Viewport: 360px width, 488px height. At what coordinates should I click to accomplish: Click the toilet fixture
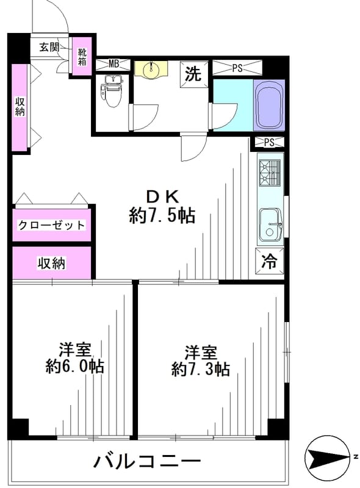110,90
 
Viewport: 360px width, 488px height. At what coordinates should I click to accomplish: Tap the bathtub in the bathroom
269,105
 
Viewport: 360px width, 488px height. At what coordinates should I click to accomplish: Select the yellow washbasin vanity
151,69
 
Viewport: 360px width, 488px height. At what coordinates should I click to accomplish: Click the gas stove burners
270,173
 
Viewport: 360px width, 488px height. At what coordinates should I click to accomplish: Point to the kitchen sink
270,224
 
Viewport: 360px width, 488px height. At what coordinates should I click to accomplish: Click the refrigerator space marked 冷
269,261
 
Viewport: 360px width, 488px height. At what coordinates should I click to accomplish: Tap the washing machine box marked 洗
193,74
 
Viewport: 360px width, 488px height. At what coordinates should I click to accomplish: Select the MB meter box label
113,64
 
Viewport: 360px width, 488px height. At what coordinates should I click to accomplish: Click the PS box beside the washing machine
237,68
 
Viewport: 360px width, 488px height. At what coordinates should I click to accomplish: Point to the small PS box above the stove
269,143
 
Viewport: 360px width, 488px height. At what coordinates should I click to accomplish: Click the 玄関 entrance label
49,47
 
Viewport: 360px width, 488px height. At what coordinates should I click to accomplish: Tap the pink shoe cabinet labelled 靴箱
82,56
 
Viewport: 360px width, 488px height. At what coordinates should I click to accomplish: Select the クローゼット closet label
51,224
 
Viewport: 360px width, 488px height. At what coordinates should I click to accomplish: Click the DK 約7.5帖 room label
162,206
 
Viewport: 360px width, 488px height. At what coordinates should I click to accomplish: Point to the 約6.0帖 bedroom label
74,358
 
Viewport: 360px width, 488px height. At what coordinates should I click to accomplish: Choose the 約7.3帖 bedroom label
201,361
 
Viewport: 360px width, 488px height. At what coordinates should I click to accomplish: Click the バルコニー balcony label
146,461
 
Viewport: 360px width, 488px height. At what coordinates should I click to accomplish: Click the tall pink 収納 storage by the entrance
20,107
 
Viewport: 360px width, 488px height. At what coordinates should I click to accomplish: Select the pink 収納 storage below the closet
52,263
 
